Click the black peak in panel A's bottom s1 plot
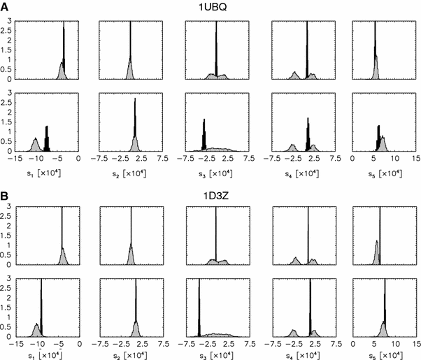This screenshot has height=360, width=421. click(x=47, y=140)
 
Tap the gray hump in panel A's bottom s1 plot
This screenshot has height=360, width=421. click(x=34, y=144)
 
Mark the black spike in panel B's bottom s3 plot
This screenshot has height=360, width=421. click(x=199, y=308)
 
